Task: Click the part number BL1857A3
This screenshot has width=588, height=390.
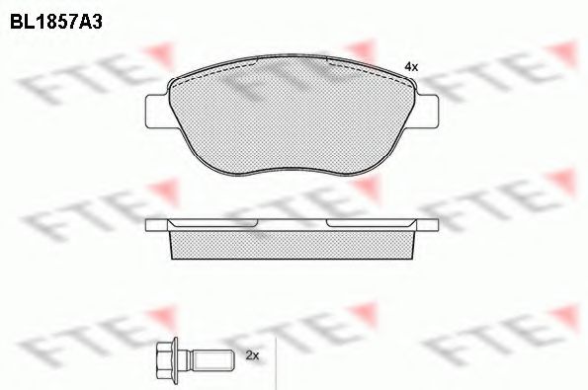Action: [57, 17]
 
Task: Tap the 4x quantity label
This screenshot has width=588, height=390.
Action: [412, 65]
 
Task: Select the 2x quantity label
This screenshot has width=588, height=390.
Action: [250, 353]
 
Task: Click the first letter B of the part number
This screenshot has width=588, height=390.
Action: [17, 17]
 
